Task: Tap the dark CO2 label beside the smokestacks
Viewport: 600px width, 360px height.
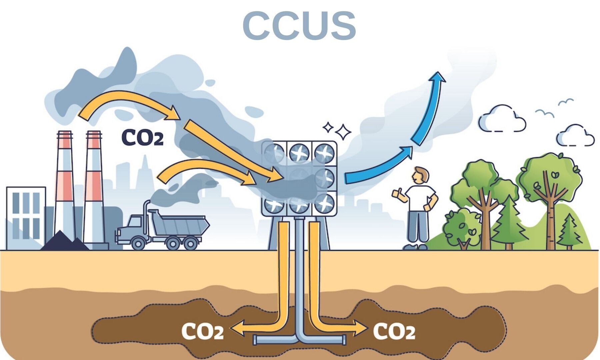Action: tap(142, 138)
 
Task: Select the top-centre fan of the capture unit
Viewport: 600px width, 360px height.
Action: tap(299, 153)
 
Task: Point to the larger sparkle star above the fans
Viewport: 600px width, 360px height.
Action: tap(343, 132)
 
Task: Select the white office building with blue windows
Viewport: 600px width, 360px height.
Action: tap(26, 217)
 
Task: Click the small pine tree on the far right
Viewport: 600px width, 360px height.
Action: tap(569, 232)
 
